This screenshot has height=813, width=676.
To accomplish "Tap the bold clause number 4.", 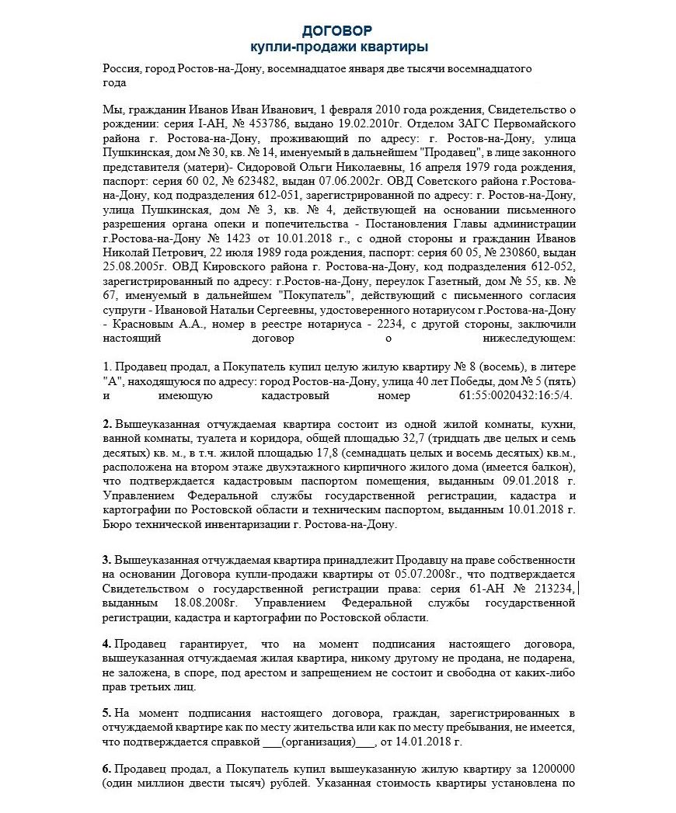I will [106, 645].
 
